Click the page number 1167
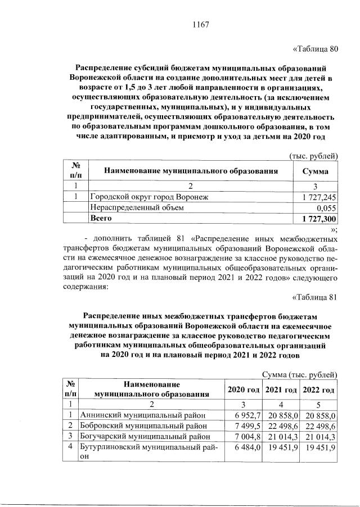201,24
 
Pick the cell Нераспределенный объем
137,207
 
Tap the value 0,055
327,207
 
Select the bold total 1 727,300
319,218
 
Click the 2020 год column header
242,390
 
